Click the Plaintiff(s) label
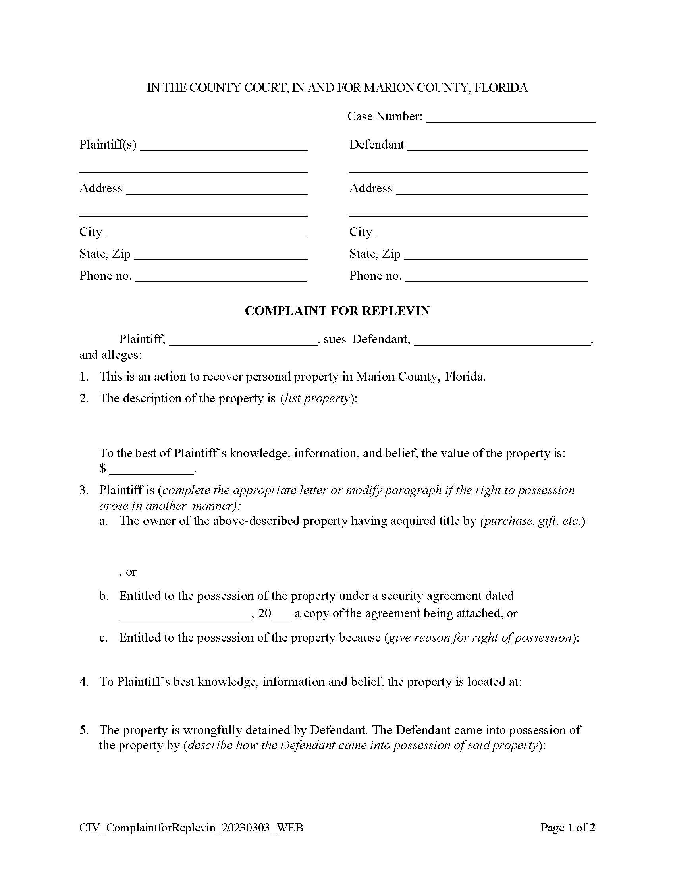click(108, 145)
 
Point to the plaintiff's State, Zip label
click(105, 254)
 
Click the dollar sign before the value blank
click(103, 468)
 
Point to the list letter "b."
click(104, 596)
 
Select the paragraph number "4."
click(84, 681)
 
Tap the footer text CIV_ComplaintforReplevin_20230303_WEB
click(191, 828)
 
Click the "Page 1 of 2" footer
click(567, 828)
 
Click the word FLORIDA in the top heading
click(501, 88)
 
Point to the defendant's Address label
click(370, 188)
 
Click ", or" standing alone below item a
click(127, 572)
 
